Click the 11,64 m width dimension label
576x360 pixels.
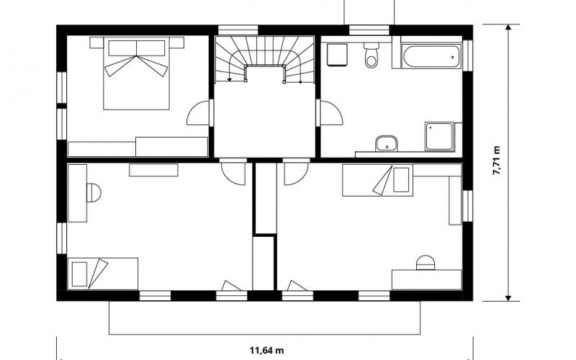pos(266,351)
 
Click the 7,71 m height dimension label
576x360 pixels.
pos(496,160)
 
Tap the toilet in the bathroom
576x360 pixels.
pos(372,55)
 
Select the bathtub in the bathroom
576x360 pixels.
pos(431,57)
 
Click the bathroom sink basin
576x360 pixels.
pos(387,143)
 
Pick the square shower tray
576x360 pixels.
pos(440,136)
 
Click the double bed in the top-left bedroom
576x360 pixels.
pos(136,73)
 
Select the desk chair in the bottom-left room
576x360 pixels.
pos(94,192)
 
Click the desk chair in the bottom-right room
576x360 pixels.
pos(426,263)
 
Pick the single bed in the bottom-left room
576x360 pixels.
pos(103,274)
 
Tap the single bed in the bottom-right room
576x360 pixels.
pos(377,180)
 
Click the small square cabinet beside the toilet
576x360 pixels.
pos(337,55)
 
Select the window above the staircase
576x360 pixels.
pos(238,30)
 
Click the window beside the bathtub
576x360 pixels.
pos(467,55)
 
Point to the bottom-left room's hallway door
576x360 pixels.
pos(234,173)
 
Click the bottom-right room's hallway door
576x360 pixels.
pos(296,173)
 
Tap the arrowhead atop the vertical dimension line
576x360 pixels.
pos(508,27)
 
